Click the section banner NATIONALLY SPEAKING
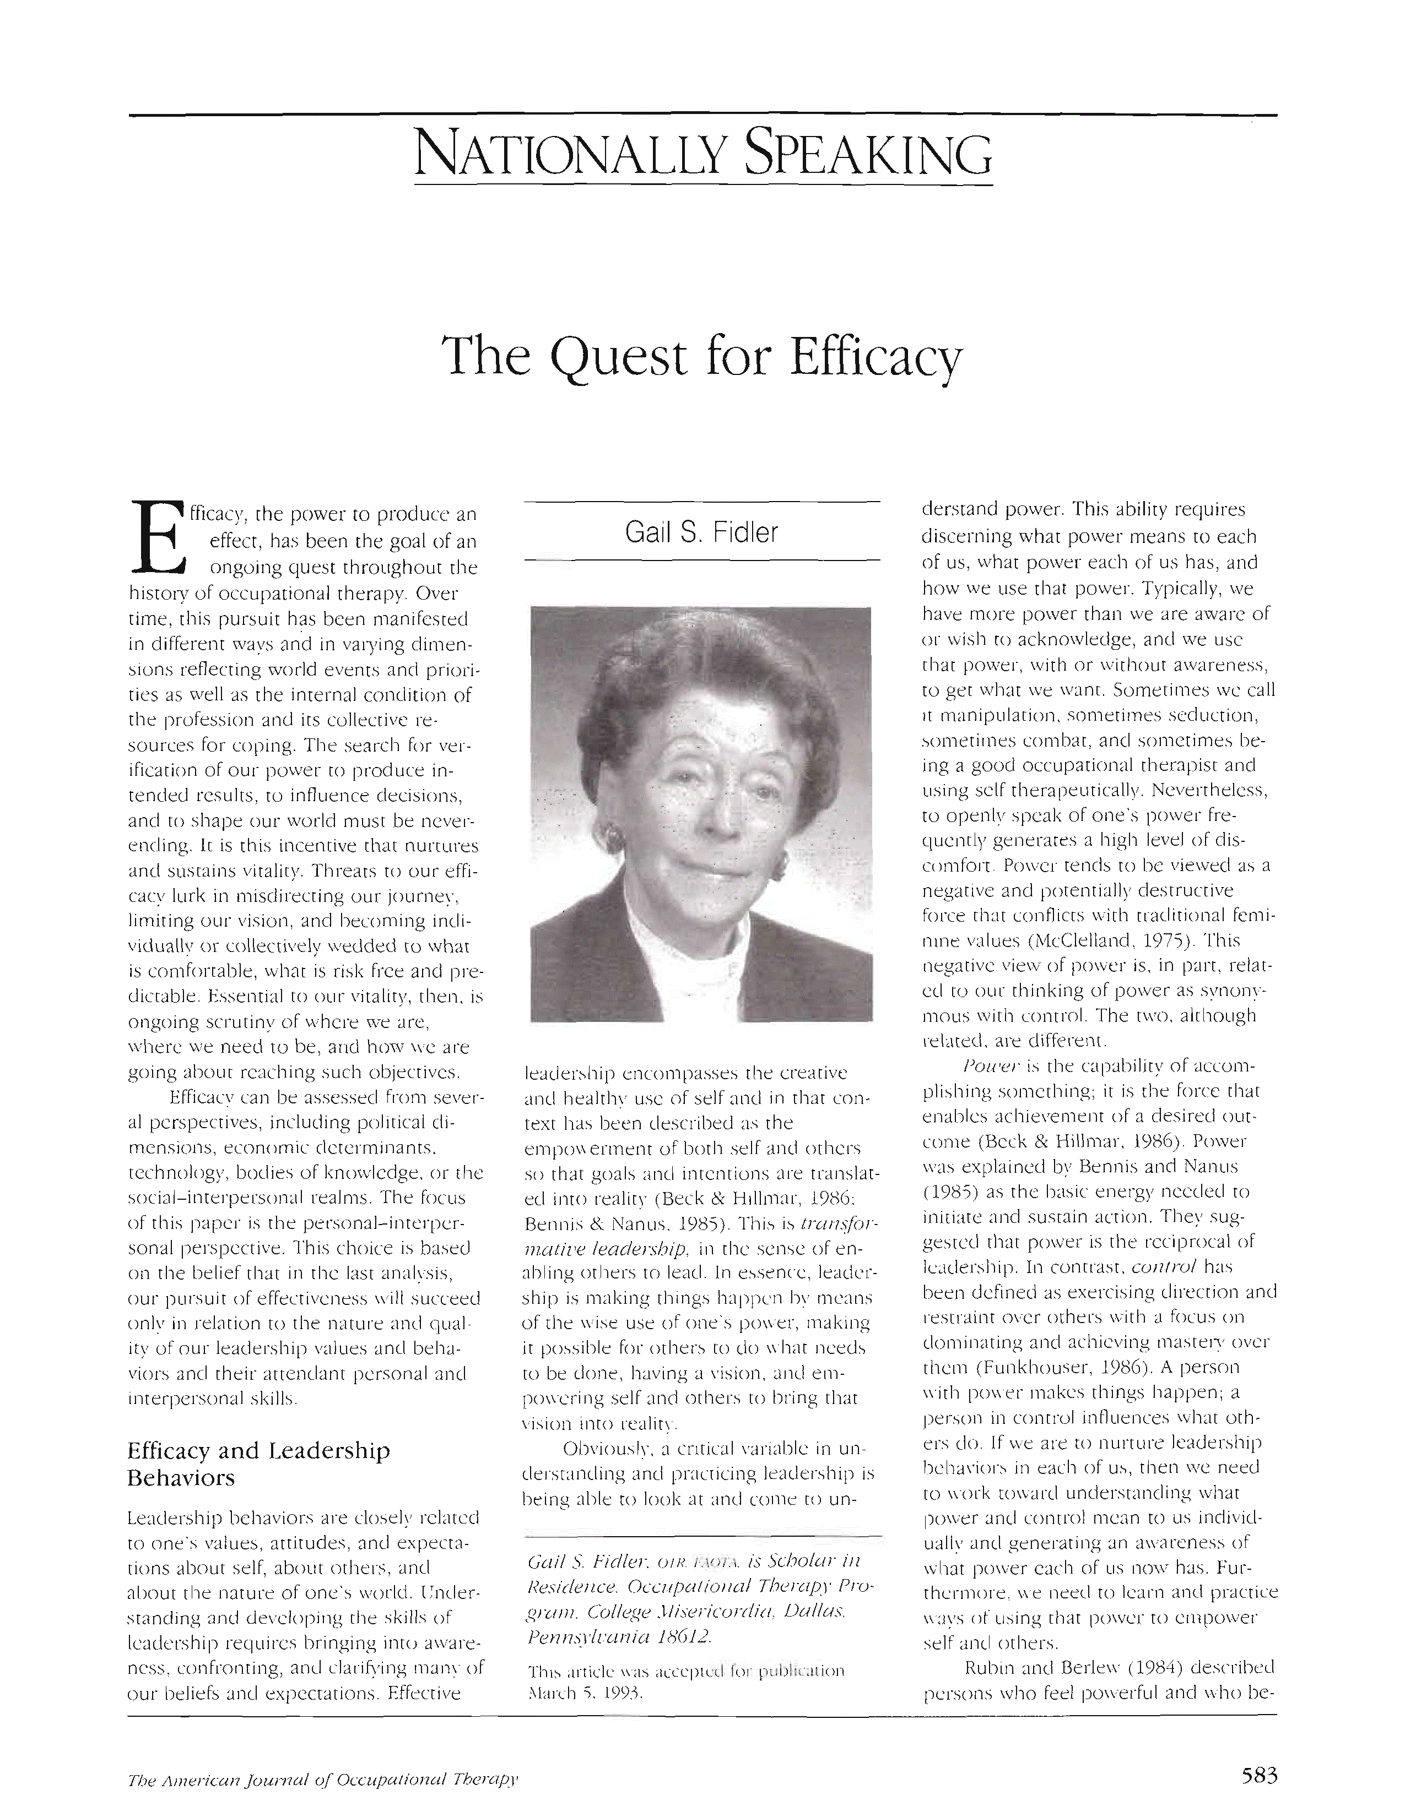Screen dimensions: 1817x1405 (x=704, y=154)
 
